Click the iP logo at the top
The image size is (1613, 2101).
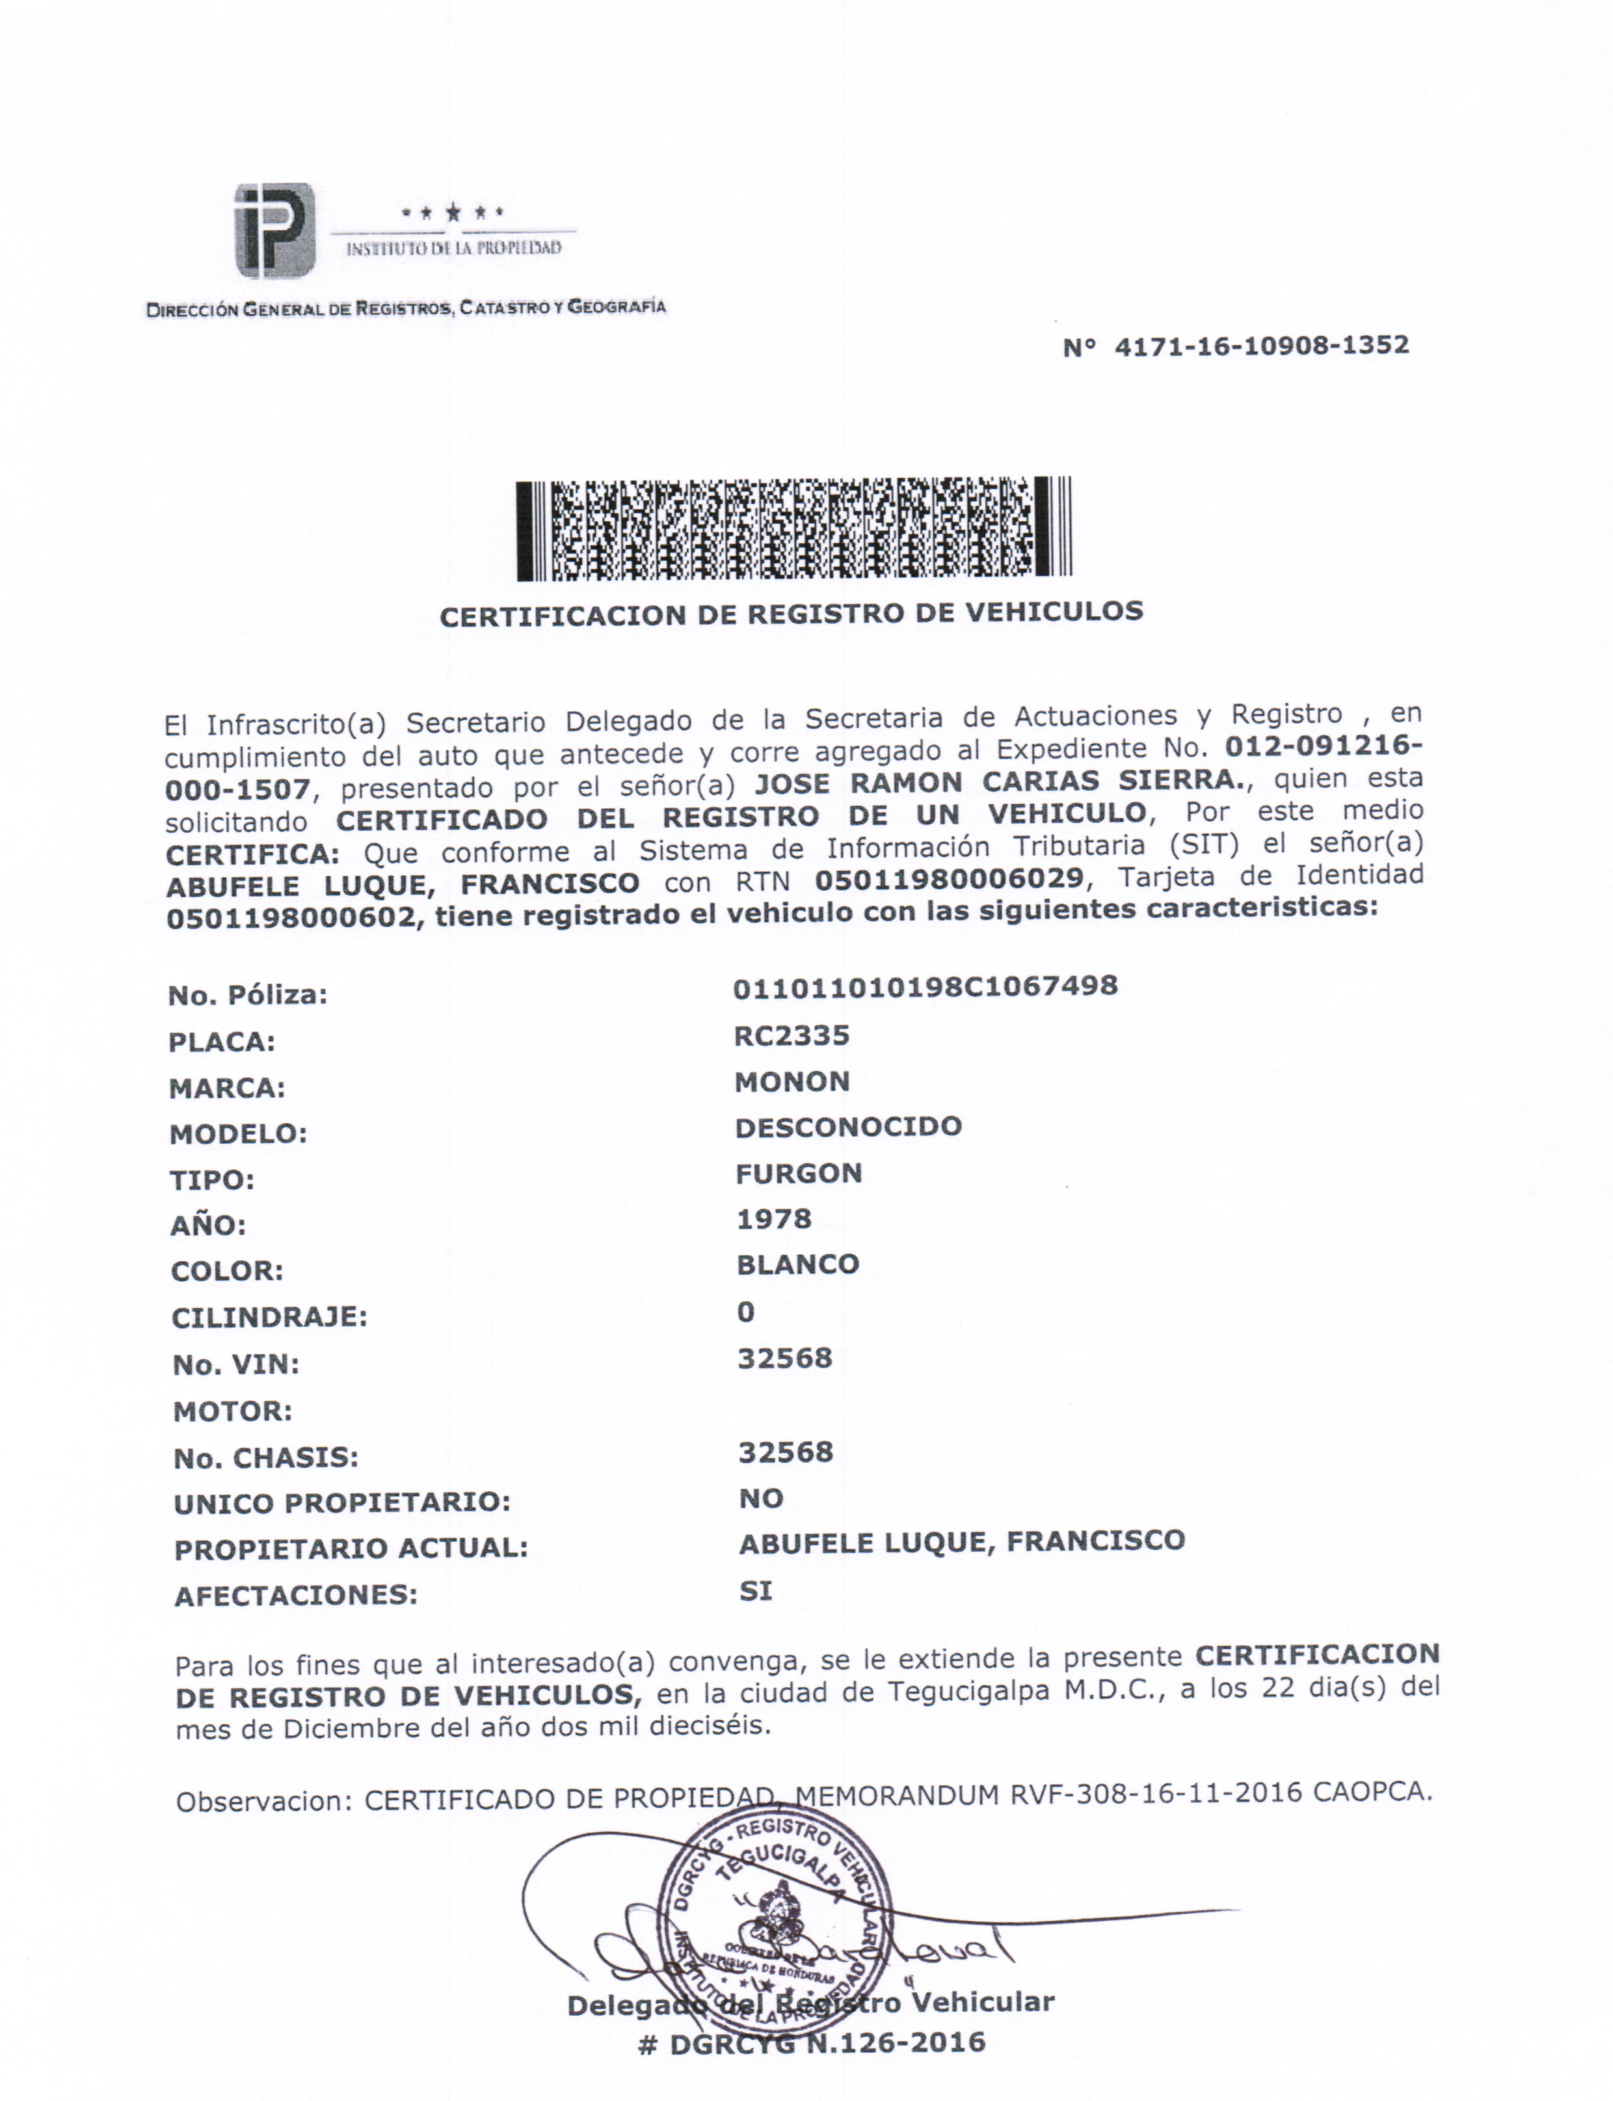coord(274,230)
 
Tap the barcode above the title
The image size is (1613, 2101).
coord(793,528)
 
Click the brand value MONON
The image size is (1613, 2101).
coord(792,1082)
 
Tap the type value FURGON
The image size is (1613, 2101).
coord(798,1173)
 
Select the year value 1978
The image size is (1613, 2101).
coord(774,1219)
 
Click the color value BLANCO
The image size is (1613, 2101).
coord(797,1265)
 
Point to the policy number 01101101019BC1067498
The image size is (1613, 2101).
coord(925,987)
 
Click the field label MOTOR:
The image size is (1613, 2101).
coord(232,1411)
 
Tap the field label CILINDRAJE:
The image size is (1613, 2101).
coord(269,1318)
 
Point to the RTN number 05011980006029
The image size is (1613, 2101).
coord(948,878)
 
